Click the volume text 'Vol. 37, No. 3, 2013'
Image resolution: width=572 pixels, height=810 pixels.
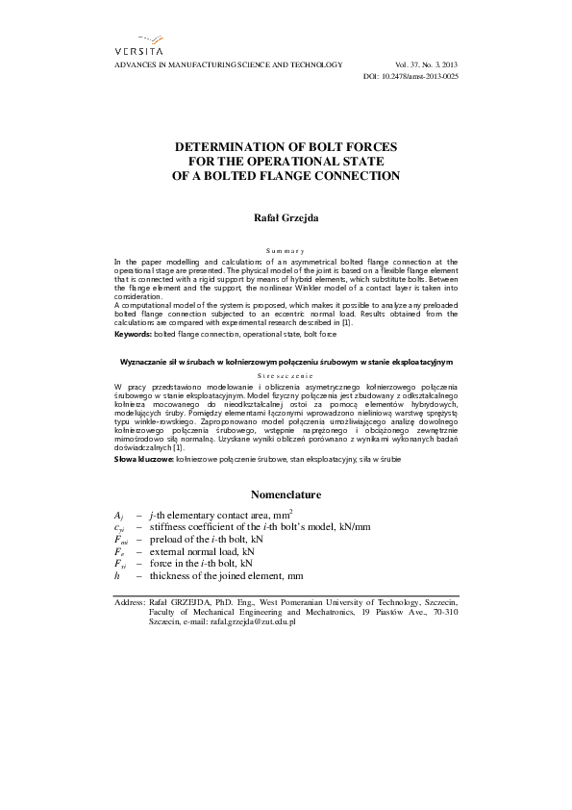tap(426, 63)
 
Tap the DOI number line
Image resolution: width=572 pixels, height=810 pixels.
tap(412, 75)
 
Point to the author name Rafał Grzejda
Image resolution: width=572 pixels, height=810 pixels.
tap(285, 218)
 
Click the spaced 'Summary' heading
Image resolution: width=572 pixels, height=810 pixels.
tap(285, 250)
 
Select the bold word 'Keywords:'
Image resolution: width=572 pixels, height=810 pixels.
tap(132, 334)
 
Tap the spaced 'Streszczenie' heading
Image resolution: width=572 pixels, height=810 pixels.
tap(285, 374)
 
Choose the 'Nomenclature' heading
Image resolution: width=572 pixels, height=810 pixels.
tap(285, 494)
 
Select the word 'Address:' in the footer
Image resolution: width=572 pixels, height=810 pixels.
tap(129, 601)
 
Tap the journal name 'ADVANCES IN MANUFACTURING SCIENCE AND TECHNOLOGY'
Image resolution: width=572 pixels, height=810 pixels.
tap(227, 63)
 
